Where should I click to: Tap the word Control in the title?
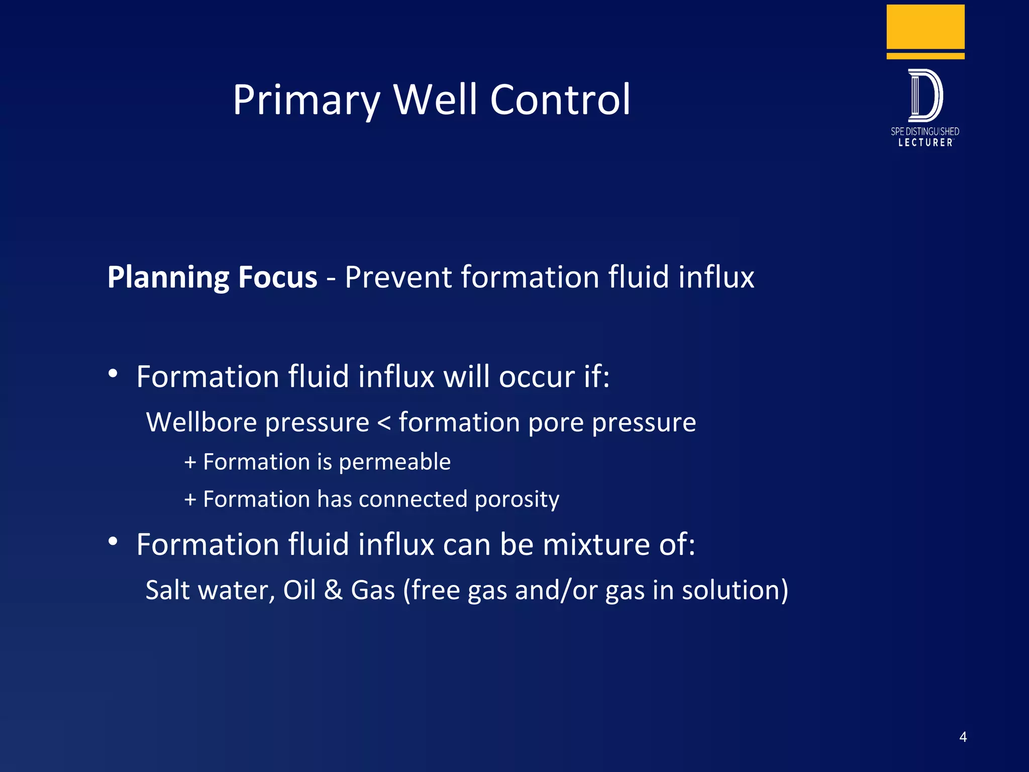tap(560, 100)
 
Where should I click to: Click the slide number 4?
tap(963, 737)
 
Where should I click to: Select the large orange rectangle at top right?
tap(925, 27)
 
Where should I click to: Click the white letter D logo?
tap(925, 95)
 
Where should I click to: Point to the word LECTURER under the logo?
tap(925, 143)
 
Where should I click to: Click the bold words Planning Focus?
tap(212, 277)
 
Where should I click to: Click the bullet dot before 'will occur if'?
tap(113, 373)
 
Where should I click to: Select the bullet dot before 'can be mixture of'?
tap(113, 541)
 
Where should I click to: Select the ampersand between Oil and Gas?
tap(333, 590)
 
